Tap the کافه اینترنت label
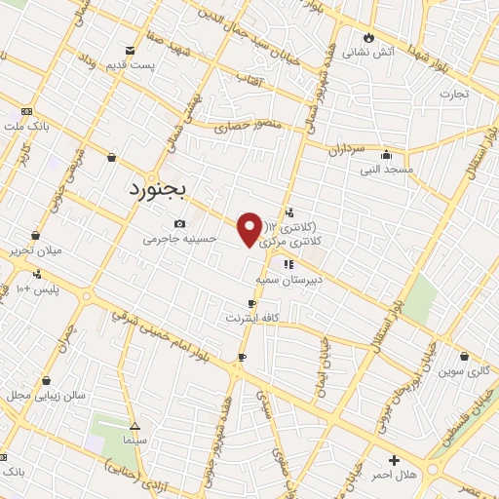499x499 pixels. coord(253,319)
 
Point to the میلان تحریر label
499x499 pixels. coord(34,250)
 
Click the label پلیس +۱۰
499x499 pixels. coord(38,289)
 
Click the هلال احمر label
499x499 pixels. coord(394,474)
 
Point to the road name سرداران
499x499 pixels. coord(345,150)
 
